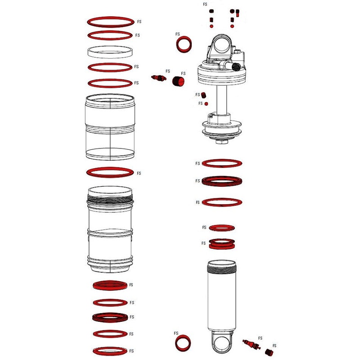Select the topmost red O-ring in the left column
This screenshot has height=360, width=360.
coord(110,21)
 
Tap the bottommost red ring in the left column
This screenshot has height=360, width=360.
coord(110,351)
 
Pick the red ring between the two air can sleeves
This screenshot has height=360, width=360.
coord(110,173)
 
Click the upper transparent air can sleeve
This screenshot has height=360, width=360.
coord(110,128)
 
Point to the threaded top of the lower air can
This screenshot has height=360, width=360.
coord(110,194)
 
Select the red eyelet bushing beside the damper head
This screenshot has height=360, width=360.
coord(183,45)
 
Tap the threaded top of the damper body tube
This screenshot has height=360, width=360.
coord(221,269)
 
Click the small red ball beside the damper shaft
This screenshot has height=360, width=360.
coord(206,103)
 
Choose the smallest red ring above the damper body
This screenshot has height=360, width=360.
coord(222,227)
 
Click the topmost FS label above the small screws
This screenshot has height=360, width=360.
coord(205,4)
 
